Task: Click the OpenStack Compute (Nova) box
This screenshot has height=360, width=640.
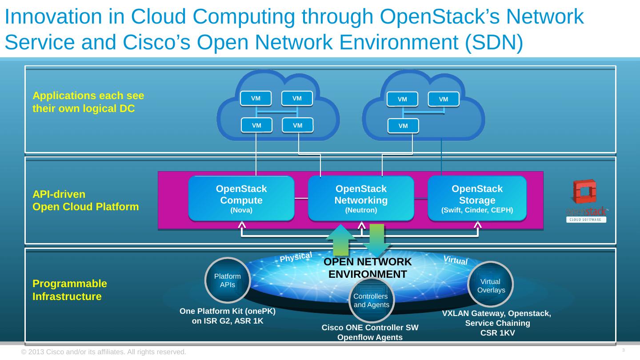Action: (241, 199)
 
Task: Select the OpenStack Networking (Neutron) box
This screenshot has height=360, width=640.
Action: (361, 199)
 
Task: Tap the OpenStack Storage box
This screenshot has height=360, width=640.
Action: (477, 199)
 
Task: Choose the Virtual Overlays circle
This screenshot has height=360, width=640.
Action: (491, 284)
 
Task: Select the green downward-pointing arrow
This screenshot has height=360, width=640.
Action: (377, 240)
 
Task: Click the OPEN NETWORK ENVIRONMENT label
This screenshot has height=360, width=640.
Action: (368, 268)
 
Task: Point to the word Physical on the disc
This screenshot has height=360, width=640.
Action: (296, 257)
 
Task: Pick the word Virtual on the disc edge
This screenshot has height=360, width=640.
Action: (456, 260)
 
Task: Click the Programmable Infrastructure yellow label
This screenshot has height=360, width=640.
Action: (70, 290)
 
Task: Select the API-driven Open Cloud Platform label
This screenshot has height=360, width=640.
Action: (86, 200)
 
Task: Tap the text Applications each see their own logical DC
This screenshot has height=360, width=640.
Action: (88, 102)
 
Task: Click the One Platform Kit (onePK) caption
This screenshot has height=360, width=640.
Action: (227, 316)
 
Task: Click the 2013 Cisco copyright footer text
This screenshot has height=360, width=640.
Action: (104, 352)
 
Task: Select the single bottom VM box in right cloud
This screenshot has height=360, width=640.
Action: (403, 126)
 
